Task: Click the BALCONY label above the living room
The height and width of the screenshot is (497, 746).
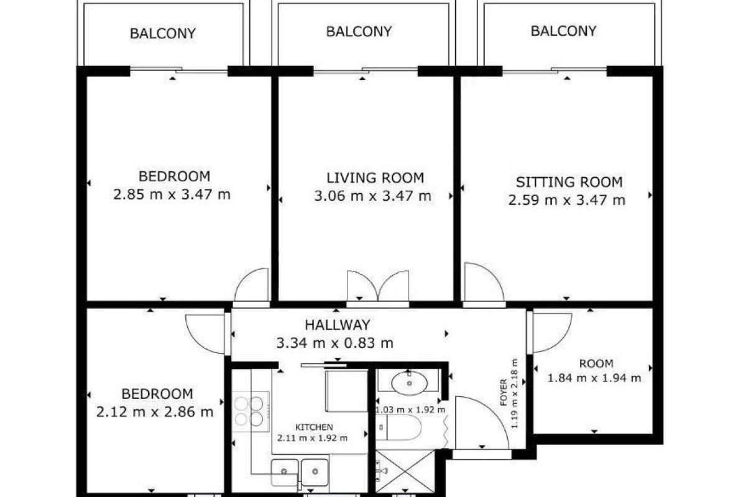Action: pyautogui.click(x=359, y=31)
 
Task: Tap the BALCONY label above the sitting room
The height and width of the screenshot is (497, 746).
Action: pyautogui.click(x=563, y=31)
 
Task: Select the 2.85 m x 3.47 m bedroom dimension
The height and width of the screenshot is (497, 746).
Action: pyautogui.click(x=172, y=194)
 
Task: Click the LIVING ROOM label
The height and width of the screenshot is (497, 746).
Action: pyautogui.click(x=375, y=178)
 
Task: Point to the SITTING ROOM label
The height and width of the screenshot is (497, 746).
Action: pyautogui.click(x=569, y=182)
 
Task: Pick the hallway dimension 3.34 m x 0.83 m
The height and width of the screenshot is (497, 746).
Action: pyautogui.click(x=334, y=343)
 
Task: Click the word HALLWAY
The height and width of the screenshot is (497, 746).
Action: pyautogui.click(x=338, y=325)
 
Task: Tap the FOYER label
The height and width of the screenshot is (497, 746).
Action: pyautogui.click(x=504, y=393)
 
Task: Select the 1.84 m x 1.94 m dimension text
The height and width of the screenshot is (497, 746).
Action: pyautogui.click(x=594, y=378)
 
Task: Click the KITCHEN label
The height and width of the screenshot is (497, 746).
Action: pyautogui.click(x=314, y=427)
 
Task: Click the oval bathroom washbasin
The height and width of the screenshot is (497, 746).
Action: pyautogui.click(x=409, y=383)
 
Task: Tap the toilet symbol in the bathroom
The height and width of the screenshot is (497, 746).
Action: pyautogui.click(x=399, y=427)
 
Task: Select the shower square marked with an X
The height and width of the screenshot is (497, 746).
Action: pyautogui.click(x=405, y=472)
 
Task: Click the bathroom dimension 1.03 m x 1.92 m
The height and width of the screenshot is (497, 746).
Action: pyautogui.click(x=410, y=410)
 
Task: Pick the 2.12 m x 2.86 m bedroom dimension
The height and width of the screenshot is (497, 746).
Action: pyautogui.click(x=155, y=412)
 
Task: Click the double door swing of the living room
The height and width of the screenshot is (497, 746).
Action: pyautogui.click(x=378, y=286)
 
